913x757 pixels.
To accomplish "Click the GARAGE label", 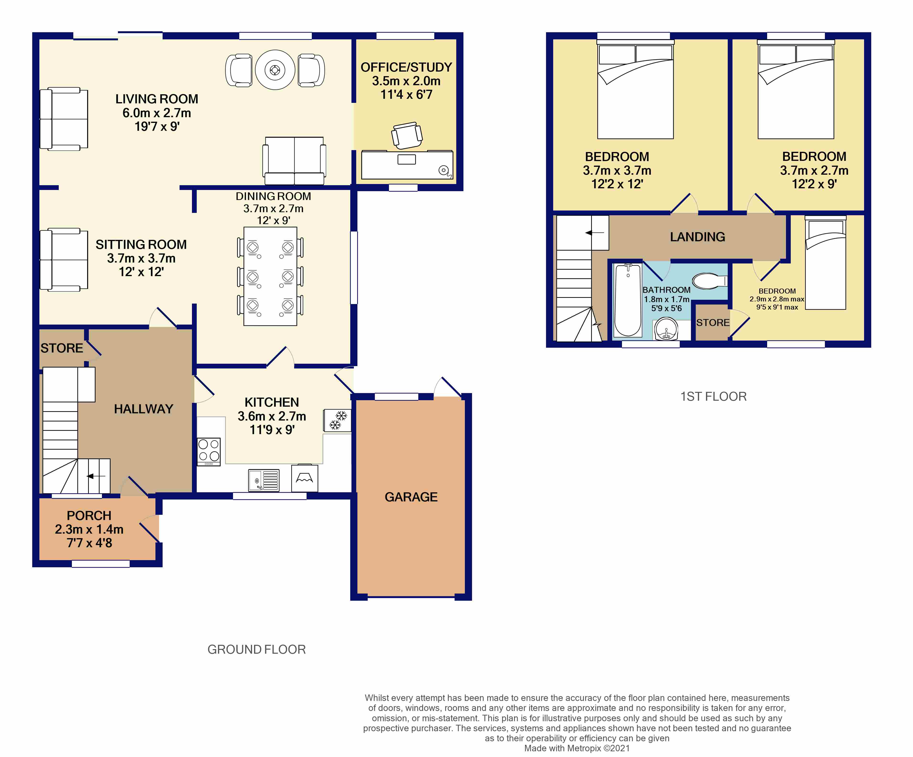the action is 411,497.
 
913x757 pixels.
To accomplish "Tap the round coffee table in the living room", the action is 275,70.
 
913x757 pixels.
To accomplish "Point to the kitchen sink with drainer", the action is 263,480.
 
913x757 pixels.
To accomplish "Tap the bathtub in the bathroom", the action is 628,300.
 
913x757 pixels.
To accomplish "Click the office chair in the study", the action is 407,135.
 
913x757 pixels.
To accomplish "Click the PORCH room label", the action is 89,515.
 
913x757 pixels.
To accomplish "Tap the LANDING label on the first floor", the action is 697,237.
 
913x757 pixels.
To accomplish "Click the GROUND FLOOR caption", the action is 256,649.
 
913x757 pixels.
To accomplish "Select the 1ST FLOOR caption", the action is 713,396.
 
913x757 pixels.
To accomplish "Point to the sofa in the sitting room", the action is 64,259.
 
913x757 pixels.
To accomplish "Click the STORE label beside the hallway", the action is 62,348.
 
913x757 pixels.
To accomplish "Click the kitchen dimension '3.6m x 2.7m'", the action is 272,416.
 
